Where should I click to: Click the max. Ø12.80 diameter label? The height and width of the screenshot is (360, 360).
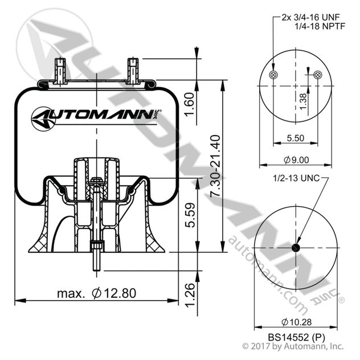pos(97,293)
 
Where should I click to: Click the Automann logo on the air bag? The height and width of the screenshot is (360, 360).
pos(97,118)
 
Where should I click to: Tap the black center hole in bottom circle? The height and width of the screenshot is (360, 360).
pos(296,248)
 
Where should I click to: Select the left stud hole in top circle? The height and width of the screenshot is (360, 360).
pos(274,76)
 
